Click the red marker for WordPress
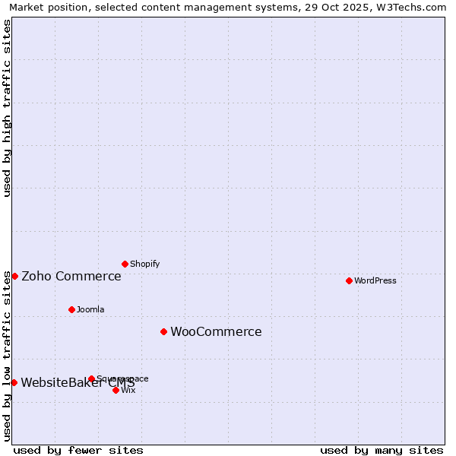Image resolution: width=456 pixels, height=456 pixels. pos(349,280)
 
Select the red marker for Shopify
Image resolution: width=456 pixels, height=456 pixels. pos(125,264)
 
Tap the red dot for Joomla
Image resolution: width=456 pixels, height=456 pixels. pos(71,309)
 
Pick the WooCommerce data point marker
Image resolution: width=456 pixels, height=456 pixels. pos(163,331)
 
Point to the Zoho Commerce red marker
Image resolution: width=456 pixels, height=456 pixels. pos(14,276)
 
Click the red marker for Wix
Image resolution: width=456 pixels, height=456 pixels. pos(116,390)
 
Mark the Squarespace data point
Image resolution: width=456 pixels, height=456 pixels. pos(91,378)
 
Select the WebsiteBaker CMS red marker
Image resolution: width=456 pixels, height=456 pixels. pos(14,382)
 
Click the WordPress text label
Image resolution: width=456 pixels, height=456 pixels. pos(375,280)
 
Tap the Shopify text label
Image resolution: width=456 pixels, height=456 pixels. pos(145,264)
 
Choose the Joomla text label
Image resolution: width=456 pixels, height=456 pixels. pos(90,309)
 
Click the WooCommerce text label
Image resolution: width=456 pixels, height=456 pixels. pos(216,332)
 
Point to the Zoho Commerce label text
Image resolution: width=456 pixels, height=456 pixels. pos(71,277)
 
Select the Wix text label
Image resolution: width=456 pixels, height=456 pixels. pos(128,390)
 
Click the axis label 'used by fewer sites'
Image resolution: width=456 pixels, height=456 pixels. pos(78,450)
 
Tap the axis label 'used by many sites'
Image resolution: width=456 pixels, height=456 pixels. pos(382,450)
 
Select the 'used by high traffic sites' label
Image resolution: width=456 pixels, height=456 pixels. pos(7,108)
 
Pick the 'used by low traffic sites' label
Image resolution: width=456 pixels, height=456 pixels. pos(7,356)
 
